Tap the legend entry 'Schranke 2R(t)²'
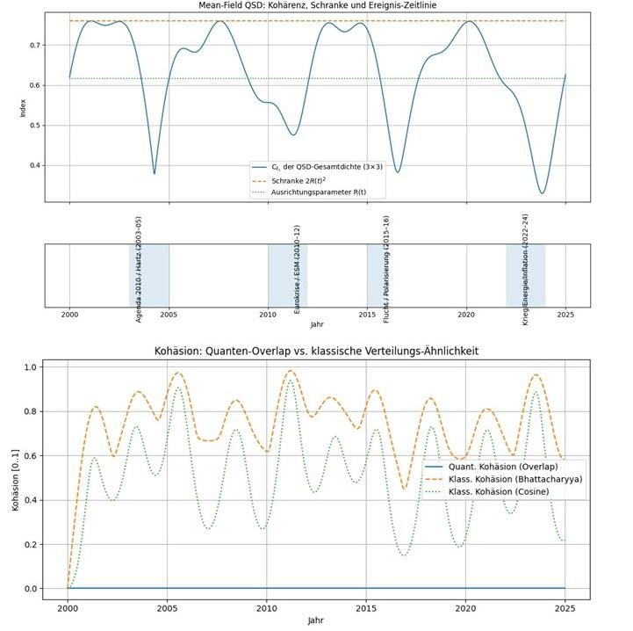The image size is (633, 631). click(307, 178)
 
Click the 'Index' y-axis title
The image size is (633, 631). click(24, 107)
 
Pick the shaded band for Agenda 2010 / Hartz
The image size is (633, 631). click(149, 276)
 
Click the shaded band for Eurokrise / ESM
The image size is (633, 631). click(287, 276)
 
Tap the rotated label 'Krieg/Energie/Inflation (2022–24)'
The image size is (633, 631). click(525, 268)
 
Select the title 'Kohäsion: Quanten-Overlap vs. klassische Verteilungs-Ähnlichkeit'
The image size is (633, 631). click(316, 352)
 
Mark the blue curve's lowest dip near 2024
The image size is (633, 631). click(543, 193)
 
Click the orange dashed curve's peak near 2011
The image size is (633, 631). click(291, 370)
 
